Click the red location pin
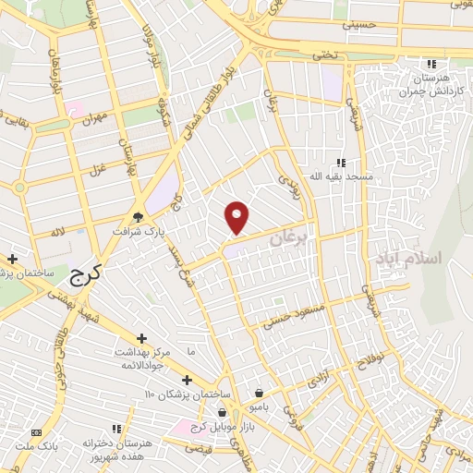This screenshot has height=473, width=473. click(238, 217)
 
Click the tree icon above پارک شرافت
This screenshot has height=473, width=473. click(138, 218)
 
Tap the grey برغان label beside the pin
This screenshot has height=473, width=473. click(287, 238)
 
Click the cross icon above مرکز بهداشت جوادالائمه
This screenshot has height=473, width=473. click(140, 339)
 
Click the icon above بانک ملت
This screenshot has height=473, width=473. click(36, 432)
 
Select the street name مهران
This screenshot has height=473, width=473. click(93, 120)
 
